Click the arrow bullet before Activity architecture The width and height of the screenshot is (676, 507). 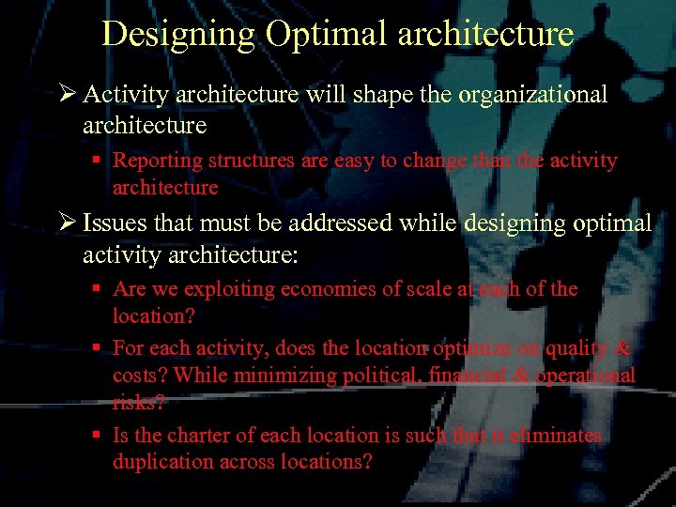[66, 95]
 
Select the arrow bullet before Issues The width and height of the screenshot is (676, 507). [66, 223]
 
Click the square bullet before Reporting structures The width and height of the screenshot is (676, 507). [98, 160]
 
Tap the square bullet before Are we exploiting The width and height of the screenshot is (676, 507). [98, 289]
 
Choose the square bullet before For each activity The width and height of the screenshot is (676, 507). [98, 348]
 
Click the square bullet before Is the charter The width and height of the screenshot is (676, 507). [98, 436]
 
